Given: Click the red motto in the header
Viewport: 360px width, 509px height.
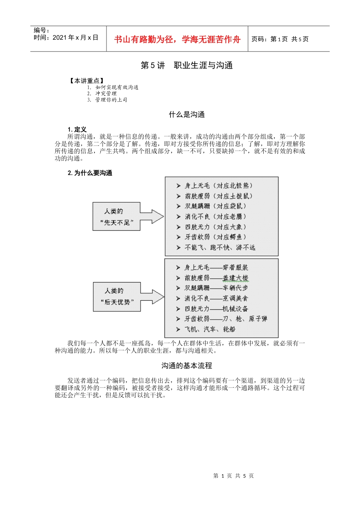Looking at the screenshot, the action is pos(177,39).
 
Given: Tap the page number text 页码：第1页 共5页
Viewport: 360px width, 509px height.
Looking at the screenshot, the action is pos(280,39).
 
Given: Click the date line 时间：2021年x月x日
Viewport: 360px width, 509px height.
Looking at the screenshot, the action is pos(66,37).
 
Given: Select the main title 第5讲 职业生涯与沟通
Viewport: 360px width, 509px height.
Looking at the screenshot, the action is pos(186,66).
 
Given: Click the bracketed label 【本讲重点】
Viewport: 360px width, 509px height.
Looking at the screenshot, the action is pos(86,81).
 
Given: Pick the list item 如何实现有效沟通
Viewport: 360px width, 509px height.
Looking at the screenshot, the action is pos(117,87).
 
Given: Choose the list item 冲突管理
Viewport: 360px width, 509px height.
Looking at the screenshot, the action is pos(106,94).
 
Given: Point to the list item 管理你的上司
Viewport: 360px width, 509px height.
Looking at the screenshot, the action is pos(111,100).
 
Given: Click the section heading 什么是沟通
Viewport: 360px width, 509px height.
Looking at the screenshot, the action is pos(186,114).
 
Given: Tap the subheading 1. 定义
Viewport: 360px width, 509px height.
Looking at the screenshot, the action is pos(77,130).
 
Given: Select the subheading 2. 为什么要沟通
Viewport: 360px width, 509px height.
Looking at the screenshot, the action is pos(90,173).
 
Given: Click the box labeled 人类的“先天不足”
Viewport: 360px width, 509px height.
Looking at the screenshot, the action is pos(116,217).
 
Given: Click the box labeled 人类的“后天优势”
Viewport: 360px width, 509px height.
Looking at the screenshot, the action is pos(117,297).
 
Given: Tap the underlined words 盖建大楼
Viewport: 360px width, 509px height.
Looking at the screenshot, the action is pos(235,278).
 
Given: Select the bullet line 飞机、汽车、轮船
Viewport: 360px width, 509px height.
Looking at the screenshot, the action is pos(210,329).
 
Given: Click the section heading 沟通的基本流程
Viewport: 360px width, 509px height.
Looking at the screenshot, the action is pos(186,365).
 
